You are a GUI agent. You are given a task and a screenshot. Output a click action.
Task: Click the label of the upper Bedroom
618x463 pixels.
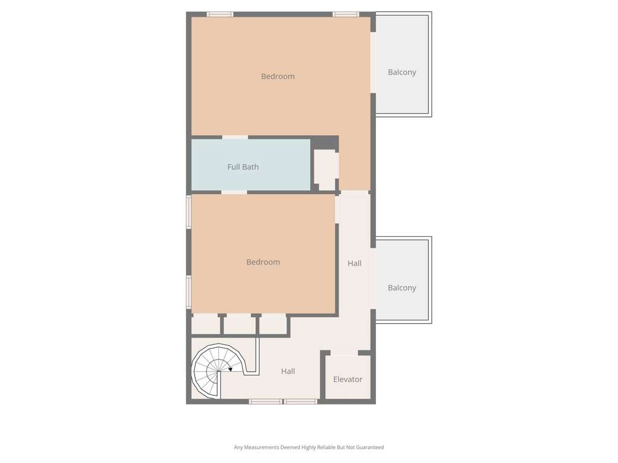[x=278, y=77]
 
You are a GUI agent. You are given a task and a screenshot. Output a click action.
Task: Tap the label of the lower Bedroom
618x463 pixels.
[x=263, y=262]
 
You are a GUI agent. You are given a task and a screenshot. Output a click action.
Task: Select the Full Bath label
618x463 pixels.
[x=243, y=167]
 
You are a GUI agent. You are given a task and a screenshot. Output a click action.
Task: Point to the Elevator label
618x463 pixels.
[x=348, y=380]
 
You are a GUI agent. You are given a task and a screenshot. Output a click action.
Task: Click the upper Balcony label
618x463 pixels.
[x=402, y=72]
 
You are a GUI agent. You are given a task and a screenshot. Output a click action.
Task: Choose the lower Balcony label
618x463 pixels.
[x=402, y=288]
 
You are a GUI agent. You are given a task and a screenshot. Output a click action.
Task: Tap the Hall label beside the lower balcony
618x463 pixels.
[x=355, y=263]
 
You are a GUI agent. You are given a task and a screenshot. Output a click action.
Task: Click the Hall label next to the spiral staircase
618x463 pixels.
[x=288, y=371]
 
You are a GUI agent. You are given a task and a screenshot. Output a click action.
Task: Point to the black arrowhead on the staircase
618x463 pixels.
[x=230, y=370]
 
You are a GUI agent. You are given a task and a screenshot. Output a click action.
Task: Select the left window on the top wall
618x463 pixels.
[x=220, y=14]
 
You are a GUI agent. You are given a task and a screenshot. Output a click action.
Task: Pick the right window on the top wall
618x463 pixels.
[x=346, y=14]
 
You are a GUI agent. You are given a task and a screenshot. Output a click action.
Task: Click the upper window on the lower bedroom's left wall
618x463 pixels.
[x=189, y=212]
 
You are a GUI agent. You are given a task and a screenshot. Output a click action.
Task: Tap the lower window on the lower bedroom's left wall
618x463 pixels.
[x=189, y=292]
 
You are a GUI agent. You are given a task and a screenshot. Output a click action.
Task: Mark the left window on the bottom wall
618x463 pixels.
[x=266, y=402]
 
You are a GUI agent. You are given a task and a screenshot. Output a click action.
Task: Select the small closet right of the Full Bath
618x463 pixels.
[x=326, y=170]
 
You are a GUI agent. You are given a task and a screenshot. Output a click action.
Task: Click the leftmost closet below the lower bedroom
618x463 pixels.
[x=205, y=325]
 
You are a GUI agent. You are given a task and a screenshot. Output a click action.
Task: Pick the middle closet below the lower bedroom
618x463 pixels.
[x=240, y=325]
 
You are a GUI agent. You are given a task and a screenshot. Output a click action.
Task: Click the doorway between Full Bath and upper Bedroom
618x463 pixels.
[x=235, y=137]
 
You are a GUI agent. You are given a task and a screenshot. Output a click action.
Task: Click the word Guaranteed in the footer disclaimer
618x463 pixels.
[x=371, y=447]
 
